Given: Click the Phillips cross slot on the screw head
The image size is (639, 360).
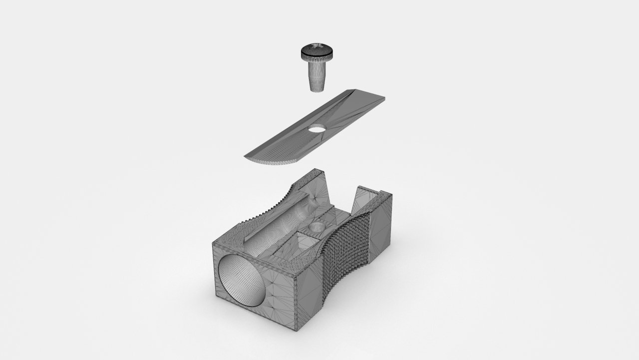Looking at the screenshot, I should [316, 48].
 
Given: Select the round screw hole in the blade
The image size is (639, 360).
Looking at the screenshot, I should [317, 129].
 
